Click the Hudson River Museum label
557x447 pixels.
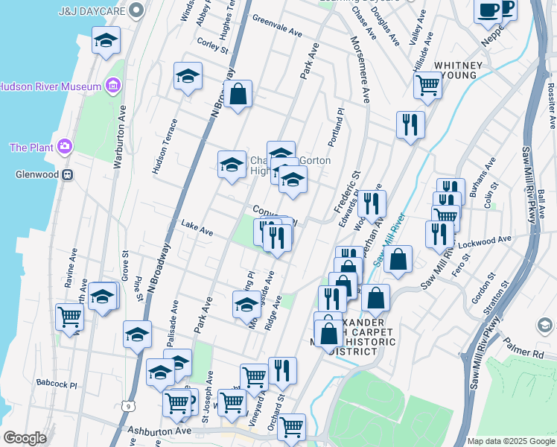coord(51,86)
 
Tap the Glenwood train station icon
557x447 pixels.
coord(67,175)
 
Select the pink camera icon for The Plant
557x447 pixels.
coord(65,147)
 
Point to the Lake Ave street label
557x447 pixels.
coord(197,229)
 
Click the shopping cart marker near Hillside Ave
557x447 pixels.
coord(427,85)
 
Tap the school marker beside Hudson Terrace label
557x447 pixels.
coord(188,76)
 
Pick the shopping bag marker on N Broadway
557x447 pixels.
coord(238,95)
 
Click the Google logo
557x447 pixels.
coord(25,438)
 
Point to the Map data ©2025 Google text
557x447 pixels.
coord(510,441)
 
